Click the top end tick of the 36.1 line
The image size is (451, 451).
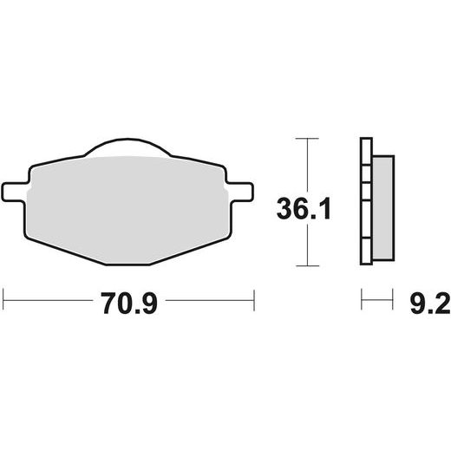click(x=302, y=138)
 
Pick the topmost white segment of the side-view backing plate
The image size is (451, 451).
click(x=365, y=152)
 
